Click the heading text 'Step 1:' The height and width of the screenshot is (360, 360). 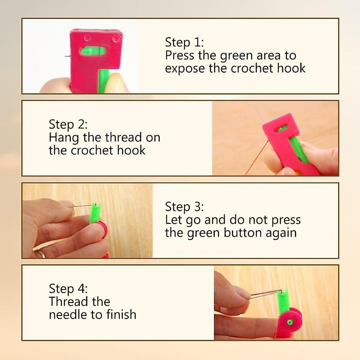pyautogui.click(x=184, y=42)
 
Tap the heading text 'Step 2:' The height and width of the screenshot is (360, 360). pyautogui.click(x=68, y=124)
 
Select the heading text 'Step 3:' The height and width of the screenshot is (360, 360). pyautogui.click(x=184, y=207)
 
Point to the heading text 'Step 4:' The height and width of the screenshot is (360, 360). pyautogui.click(x=68, y=289)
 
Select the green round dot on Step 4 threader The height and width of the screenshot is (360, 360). pyautogui.click(x=289, y=322)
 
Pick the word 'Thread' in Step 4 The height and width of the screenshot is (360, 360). pyautogui.click(x=79, y=301)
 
